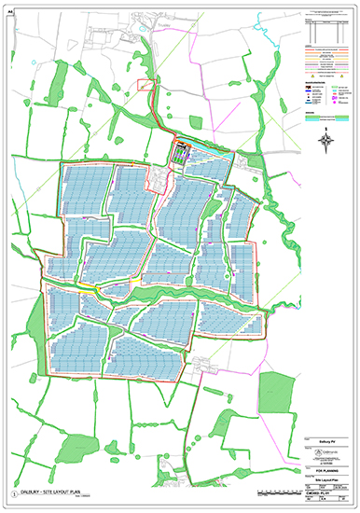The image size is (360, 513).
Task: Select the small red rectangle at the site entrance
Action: click(145, 85)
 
